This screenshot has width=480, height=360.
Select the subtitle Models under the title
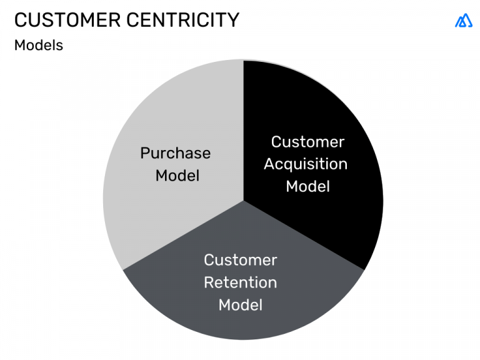point(39,46)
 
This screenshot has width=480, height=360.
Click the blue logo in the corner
point(464,21)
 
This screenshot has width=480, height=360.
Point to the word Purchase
point(175,153)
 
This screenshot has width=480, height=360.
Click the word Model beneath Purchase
point(177,176)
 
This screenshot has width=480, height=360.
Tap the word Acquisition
point(306,164)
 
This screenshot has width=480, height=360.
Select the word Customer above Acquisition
point(307,142)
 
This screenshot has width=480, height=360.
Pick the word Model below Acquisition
point(307,186)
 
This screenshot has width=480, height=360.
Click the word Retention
point(241,282)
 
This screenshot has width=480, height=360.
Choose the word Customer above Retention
point(241,260)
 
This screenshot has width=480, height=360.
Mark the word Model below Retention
point(241,305)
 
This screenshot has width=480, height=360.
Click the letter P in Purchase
point(144,153)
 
